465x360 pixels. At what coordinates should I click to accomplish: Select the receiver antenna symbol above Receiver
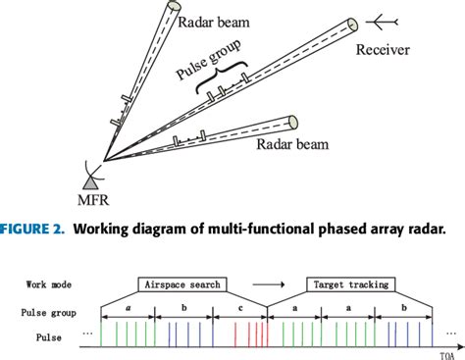coord(378,20)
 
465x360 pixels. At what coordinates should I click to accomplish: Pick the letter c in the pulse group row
coord(240,308)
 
